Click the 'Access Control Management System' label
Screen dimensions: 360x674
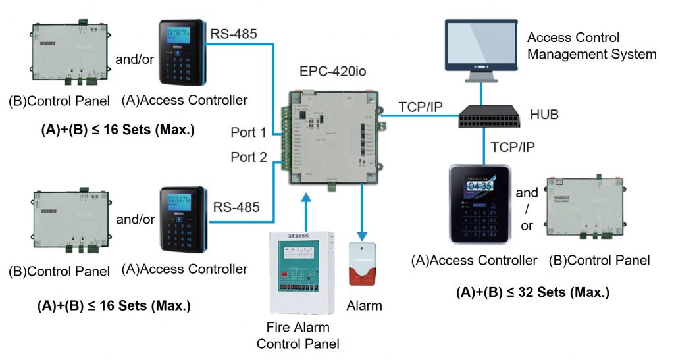[x=591, y=45]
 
